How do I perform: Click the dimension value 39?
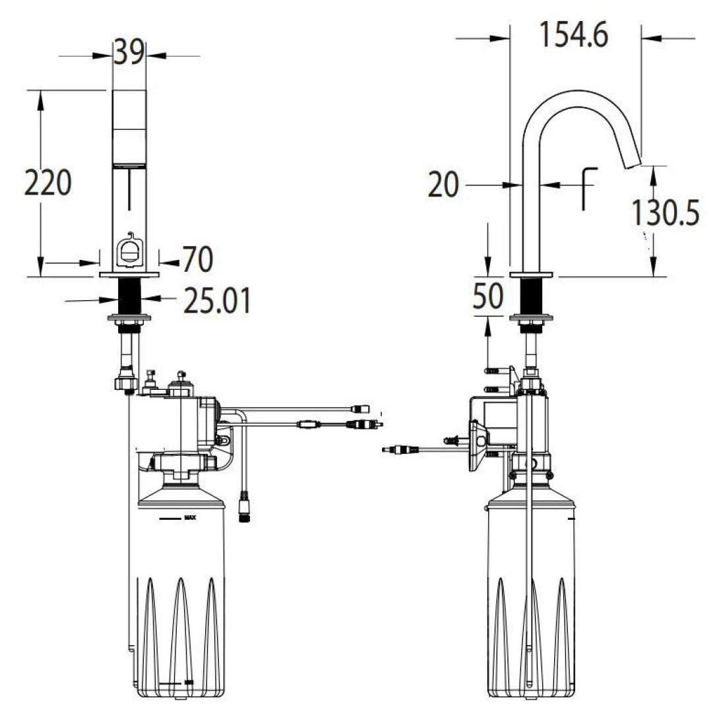(x=129, y=52)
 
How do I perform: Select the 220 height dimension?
(x=47, y=183)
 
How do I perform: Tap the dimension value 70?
(x=198, y=260)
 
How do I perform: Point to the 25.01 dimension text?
(x=217, y=301)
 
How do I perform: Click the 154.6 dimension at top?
(x=574, y=34)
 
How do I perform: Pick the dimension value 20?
(x=443, y=185)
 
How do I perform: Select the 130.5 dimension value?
(x=665, y=212)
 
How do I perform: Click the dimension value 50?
(x=488, y=296)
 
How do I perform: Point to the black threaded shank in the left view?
(x=129, y=297)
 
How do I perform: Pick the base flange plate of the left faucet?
(x=129, y=274)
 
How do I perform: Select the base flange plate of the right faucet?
(x=532, y=274)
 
